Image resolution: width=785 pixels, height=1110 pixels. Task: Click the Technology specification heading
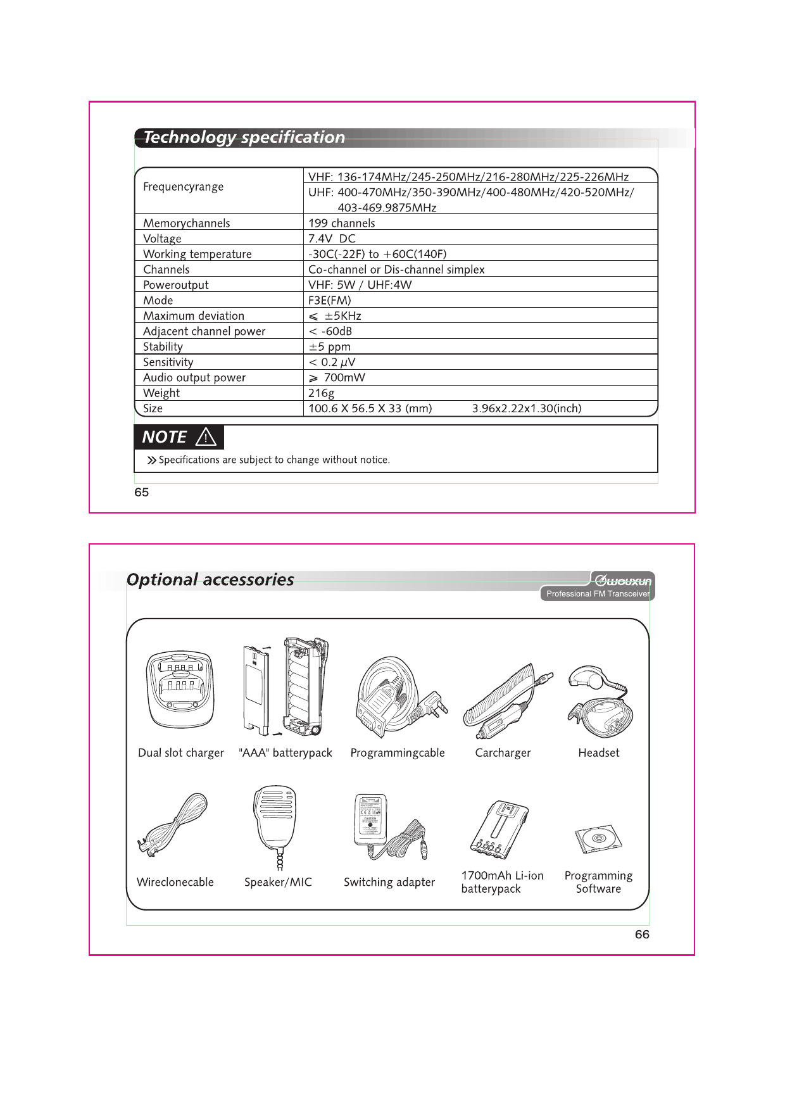click(x=244, y=137)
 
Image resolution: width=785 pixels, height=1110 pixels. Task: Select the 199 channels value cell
click(x=341, y=223)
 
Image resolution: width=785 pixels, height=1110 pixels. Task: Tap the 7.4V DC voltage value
click(x=332, y=239)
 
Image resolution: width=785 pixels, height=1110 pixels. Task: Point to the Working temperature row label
click(x=197, y=254)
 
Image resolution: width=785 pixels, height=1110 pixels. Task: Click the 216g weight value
click(x=321, y=393)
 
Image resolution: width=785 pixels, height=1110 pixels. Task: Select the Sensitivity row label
click(x=168, y=362)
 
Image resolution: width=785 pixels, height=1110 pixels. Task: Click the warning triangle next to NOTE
click(x=206, y=437)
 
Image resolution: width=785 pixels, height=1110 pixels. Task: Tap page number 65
click(x=141, y=493)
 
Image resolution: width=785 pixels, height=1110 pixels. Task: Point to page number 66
click(x=642, y=935)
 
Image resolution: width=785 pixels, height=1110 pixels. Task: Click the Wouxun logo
click(x=623, y=581)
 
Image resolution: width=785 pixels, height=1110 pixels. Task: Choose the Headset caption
click(x=598, y=753)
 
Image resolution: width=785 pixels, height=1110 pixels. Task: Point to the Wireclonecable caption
click(x=175, y=882)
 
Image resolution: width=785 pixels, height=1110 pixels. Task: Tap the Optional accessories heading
click(x=210, y=579)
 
